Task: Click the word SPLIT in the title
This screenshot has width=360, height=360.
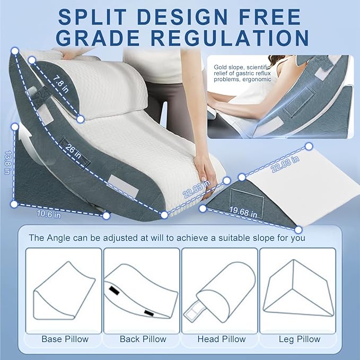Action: pyautogui.click(x=92, y=17)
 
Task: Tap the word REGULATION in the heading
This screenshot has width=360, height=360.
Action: pyautogui.click(x=231, y=38)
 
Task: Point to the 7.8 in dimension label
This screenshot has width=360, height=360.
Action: pyautogui.click(x=61, y=84)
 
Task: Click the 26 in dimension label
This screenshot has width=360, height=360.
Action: pyautogui.click(x=73, y=151)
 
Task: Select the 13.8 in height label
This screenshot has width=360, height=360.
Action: pyautogui.click(x=8, y=162)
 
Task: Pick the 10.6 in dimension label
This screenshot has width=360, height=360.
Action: pyautogui.click(x=49, y=214)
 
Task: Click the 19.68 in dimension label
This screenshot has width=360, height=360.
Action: pyautogui.click(x=243, y=212)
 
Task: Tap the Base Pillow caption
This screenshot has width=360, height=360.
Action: pyautogui.click(x=65, y=339)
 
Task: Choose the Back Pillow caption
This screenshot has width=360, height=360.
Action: pyautogui.click(x=143, y=339)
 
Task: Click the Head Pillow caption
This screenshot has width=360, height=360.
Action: pyautogui.click(x=222, y=339)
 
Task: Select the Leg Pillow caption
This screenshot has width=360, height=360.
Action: pyautogui.click(x=300, y=339)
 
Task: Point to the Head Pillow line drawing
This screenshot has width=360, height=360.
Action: pyautogui.click(x=222, y=293)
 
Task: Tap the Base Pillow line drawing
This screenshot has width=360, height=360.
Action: pyautogui.click(x=64, y=291)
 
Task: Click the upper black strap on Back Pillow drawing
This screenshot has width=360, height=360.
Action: pyautogui.click(x=115, y=291)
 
